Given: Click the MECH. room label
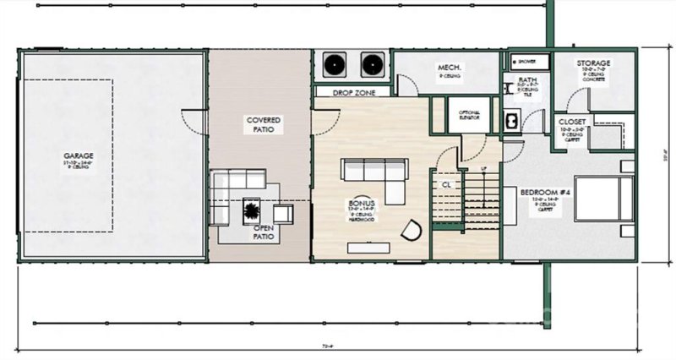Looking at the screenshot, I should (447, 67).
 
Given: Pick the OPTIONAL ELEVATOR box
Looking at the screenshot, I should (469, 114).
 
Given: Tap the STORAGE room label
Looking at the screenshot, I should (593, 63).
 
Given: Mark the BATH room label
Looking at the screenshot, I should (526, 82).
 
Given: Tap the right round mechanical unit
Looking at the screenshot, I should (373, 64).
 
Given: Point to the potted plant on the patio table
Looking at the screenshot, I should (252, 207).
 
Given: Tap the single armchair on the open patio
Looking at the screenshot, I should (283, 213).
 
